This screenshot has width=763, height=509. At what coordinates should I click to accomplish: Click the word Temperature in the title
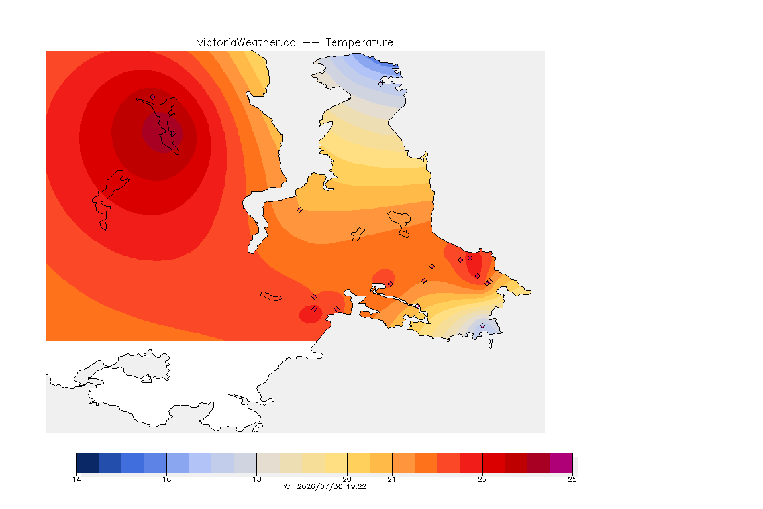359,43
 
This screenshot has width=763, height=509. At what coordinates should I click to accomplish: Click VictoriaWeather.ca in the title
246,43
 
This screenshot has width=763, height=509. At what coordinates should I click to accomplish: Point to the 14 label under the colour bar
76,479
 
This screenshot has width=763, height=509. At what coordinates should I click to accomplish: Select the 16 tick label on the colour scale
166,479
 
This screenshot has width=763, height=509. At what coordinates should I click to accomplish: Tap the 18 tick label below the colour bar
257,479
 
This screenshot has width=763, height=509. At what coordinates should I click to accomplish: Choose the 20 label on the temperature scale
347,479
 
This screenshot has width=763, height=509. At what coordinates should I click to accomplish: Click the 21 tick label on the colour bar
391,479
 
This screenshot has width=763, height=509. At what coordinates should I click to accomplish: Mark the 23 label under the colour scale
482,479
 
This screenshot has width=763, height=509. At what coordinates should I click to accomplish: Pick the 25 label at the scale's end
572,479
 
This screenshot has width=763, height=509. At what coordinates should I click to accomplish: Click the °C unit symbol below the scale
286,486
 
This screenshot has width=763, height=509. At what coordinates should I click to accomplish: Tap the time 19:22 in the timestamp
356,486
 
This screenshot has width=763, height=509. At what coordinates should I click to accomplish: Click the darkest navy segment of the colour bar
87,463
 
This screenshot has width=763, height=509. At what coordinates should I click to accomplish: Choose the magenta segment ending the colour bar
561,463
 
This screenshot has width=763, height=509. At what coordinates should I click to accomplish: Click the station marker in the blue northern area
381,84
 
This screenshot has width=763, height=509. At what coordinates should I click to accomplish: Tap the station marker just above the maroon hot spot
153,97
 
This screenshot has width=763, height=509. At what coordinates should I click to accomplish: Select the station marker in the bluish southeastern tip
482,326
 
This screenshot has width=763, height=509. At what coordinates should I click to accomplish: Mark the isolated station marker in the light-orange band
300,210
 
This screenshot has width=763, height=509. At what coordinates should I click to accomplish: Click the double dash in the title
311,43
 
